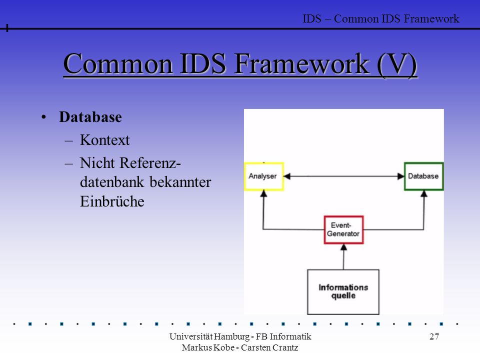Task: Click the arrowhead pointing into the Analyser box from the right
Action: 286,176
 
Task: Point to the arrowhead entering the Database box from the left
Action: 400,176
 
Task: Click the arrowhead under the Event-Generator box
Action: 344,247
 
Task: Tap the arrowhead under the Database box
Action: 424,193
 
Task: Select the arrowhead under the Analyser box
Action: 263,193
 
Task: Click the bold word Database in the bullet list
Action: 90,117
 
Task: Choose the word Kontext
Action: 104,140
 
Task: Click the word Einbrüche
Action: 112,201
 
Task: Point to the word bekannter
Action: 180,182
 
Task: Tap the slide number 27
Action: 434,336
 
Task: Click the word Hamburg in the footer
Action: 231,336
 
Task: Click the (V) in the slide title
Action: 396,64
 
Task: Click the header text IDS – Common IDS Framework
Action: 381,18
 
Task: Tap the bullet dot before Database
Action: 44,117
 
